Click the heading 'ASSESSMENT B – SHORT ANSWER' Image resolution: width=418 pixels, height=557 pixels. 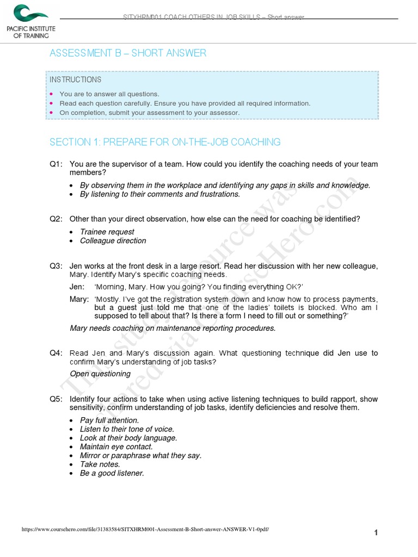click(128, 53)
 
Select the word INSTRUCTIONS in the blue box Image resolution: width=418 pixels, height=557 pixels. click(75, 79)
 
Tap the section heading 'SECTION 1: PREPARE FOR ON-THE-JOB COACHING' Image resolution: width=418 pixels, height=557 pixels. click(165, 142)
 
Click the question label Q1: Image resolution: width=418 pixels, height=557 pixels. click(57, 164)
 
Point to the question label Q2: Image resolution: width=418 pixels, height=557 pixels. click(57, 219)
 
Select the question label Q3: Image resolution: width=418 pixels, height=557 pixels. click(57, 266)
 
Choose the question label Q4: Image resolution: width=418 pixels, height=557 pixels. click(57, 353)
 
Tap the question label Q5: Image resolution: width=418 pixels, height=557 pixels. click(57, 399)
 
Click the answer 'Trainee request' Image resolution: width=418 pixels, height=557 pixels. click(107, 232)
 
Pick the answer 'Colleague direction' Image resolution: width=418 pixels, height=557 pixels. click(113, 240)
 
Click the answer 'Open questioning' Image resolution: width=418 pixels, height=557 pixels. click(100, 374)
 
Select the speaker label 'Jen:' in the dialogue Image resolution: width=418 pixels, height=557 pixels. click(77, 287)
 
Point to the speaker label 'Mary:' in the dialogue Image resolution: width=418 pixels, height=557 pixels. click(79, 299)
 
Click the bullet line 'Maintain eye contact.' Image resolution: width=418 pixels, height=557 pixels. click(116, 447)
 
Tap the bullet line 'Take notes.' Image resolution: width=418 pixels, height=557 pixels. click(100, 464)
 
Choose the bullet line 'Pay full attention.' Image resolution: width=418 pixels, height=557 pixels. click(109, 420)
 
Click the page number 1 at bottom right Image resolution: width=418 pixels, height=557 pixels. click(376, 533)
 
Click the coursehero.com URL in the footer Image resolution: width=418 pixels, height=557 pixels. click(145, 529)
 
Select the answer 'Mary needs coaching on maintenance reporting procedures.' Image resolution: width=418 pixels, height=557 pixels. click(173, 328)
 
